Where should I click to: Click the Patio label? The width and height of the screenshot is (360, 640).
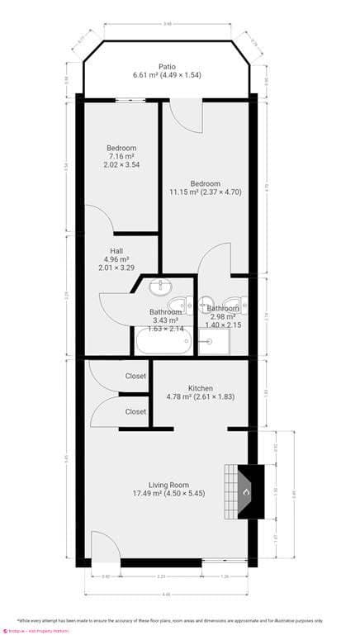pyautogui.click(x=168, y=66)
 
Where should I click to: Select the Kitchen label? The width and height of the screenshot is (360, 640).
pyautogui.click(x=201, y=388)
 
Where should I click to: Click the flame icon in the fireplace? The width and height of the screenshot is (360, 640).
pyautogui.click(x=245, y=493)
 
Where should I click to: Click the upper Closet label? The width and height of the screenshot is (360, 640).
pyautogui.click(x=135, y=376)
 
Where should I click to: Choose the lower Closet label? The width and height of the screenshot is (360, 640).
pyautogui.click(x=135, y=411)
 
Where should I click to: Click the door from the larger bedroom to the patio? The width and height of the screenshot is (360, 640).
pyautogui.click(x=185, y=113)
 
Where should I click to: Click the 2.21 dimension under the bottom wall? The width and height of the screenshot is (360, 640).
pyautogui.click(x=162, y=576)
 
